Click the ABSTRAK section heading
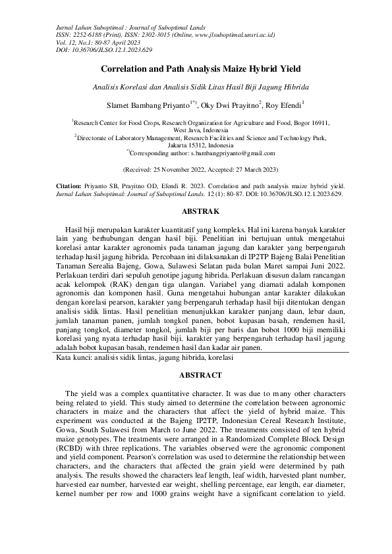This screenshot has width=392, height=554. click(x=196, y=213)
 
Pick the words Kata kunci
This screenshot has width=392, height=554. click(x=68, y=359)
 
